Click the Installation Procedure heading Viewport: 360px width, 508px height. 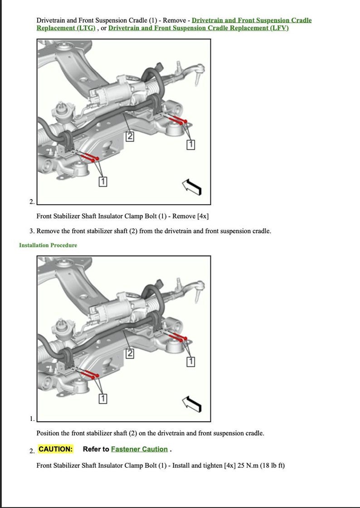(x=48, y=245)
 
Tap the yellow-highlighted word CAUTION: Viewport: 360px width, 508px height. (x=55, y=449)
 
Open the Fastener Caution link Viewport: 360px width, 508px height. (x=139, y=449)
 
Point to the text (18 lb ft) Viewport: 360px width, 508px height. (x=272, y=465)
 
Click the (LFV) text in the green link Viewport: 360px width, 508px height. (x=279, y=28)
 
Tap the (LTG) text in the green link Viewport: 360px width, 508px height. (x=86, y=28)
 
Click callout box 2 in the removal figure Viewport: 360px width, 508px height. (x=130, y=136)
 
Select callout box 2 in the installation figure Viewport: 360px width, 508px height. (x=130, y=353)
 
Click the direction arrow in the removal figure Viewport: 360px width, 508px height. (x=191, y=186)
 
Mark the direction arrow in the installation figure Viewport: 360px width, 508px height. (x=191, y=403)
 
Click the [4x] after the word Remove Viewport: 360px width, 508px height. (x=203, y=216)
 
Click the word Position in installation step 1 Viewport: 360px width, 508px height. (x=48, y=433)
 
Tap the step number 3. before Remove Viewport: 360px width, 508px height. (x=32, y=231)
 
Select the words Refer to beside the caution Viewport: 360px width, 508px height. (x=96, y=449)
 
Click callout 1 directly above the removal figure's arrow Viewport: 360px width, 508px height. (x=191, y=145)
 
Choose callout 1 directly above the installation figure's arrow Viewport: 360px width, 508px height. (x=191, y=361)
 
